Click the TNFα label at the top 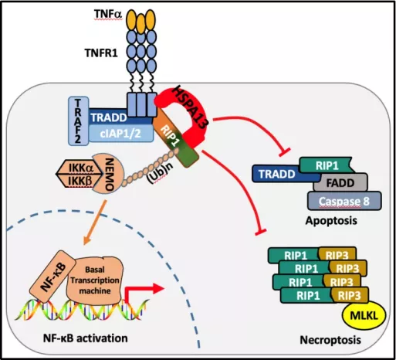point(108,15)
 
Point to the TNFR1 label point(101,53)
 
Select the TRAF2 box point(79,121)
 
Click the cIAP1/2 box point(121,134)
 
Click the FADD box point(340,183)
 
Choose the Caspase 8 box point(344,201)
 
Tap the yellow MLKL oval point(364,316)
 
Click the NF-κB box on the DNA point(52,277)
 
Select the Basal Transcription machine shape point(95,280)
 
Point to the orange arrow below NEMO point(94,222)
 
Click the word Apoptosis point(331,221)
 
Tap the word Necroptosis point(330,340)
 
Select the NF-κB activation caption point(85,338)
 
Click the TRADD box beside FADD point(276,174)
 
